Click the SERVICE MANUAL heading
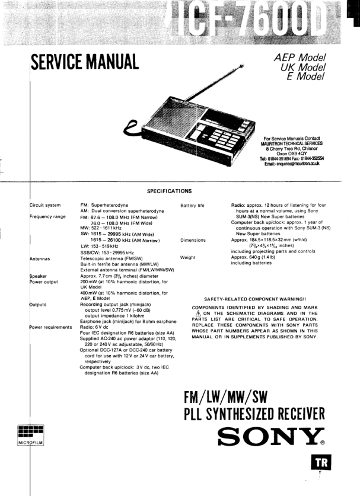[x=84, y=60]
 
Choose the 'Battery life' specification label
[x=192, y=206]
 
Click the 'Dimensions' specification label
[x=193, y=241]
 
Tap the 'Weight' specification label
[x=189, y=258]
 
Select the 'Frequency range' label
[x=47, y=217]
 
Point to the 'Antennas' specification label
[x=40, y=259]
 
